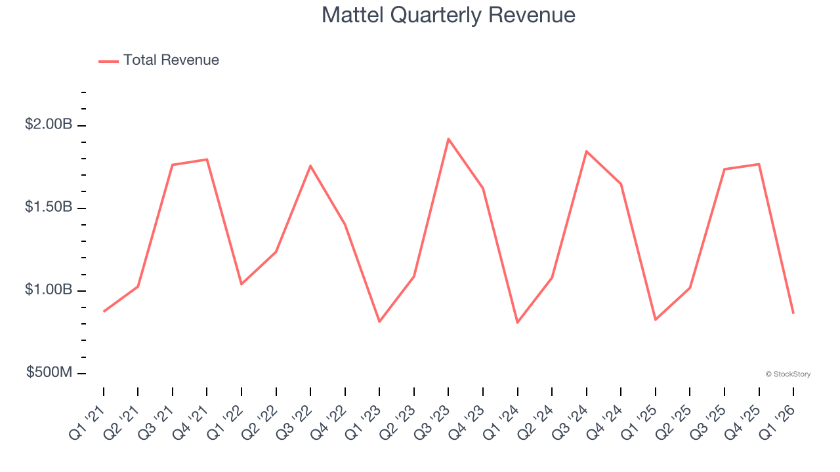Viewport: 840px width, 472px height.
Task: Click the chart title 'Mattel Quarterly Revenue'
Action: tap(448, 15)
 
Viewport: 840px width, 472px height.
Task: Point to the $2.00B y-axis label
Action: tap(49, 125)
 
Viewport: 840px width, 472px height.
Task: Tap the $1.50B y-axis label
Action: tap(49, 207)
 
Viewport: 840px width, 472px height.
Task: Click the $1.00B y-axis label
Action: tap(49, 290)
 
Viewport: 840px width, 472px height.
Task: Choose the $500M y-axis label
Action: tap(49, 372)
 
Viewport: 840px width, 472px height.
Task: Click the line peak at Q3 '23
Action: tap(448, 139)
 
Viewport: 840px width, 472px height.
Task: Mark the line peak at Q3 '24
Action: tap(586, 151)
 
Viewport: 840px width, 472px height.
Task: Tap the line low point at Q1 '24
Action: tap(517, 323)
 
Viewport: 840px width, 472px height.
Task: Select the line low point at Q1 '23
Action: tap(379, 321)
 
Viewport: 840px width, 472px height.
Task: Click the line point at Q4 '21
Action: tap(207, 159)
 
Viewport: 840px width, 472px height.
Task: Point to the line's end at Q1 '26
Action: tap(793, 313)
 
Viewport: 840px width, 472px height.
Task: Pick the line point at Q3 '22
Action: tap(310, 166)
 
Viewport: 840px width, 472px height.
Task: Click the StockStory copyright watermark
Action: tap(787, 374)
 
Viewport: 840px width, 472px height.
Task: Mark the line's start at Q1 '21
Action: tap(104, 311)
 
